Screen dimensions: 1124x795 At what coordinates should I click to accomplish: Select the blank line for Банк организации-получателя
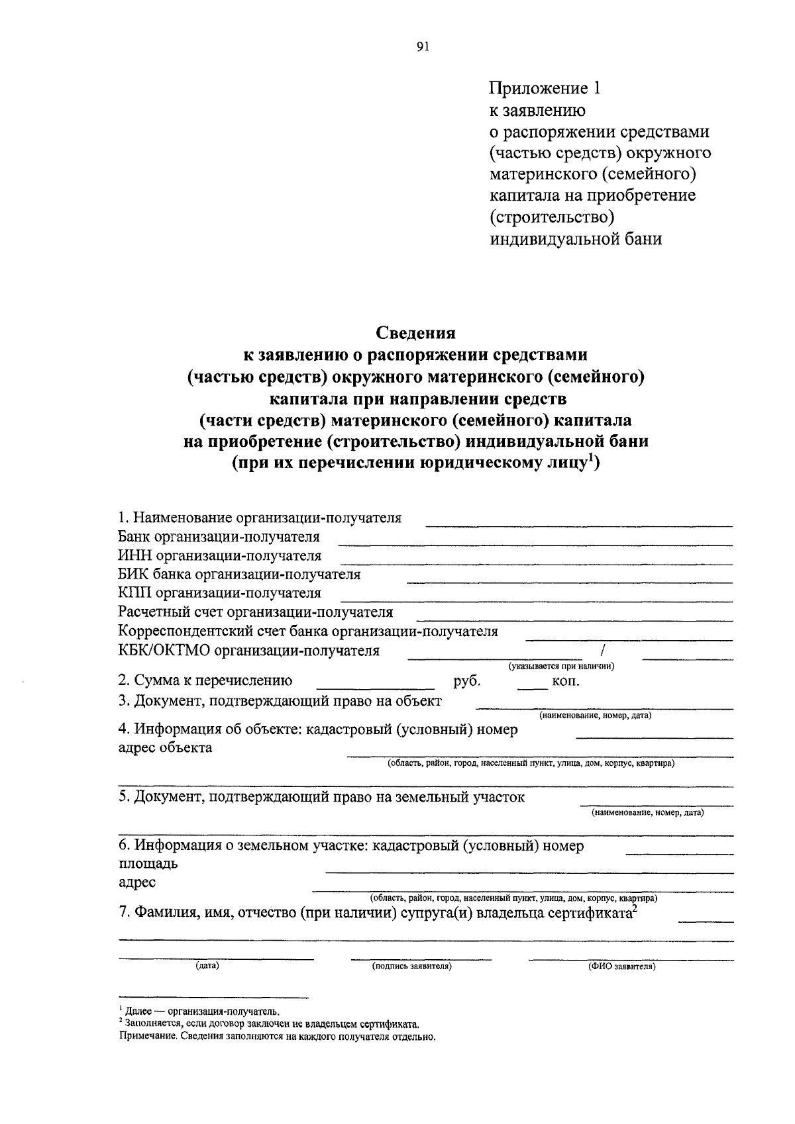[535, 544]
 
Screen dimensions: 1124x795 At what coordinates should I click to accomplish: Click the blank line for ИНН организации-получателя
[535, 563]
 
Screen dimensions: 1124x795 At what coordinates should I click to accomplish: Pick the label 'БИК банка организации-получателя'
[239, 574]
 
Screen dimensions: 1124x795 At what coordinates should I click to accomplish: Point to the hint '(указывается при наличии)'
[561, 666]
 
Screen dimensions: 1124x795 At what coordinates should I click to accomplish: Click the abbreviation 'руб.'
[467, 680]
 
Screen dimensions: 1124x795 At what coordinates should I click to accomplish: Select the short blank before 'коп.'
[533, 688]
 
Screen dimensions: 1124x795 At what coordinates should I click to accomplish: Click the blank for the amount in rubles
[376, 688]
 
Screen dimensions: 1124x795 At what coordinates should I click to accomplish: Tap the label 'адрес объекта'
[165, 748]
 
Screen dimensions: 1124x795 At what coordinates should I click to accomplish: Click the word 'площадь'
[148, 864]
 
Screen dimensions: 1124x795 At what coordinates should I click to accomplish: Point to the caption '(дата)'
[207, 966]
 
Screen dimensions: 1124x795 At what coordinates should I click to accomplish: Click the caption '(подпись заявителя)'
[412, 966]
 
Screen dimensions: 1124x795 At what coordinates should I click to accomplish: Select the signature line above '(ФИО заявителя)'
[631, 959]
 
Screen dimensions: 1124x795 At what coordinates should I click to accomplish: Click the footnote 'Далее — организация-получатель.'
[203, 1011]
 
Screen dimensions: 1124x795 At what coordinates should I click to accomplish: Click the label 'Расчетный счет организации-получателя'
[255, 612]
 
